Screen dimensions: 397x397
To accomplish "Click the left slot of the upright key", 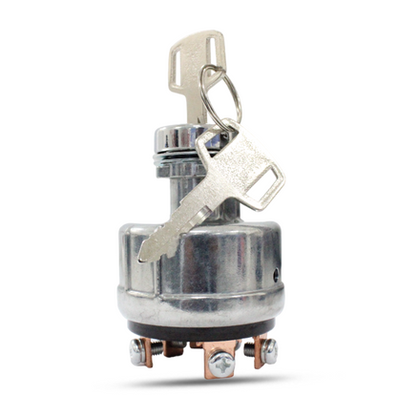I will [x=178, y=70].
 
